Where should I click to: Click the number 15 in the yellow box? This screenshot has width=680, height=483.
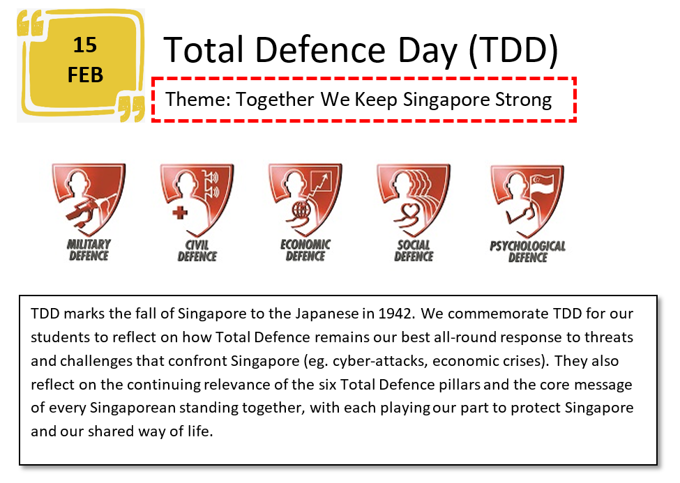(84, 45)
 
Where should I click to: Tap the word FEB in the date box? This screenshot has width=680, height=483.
(85, 75)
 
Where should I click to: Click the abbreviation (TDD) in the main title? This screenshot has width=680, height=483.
(513, 50)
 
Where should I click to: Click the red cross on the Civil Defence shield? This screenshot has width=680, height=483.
(180, 213)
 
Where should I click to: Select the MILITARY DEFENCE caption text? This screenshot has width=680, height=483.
(89, 250)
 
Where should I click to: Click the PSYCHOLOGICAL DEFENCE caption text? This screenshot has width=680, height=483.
(528, 252)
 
